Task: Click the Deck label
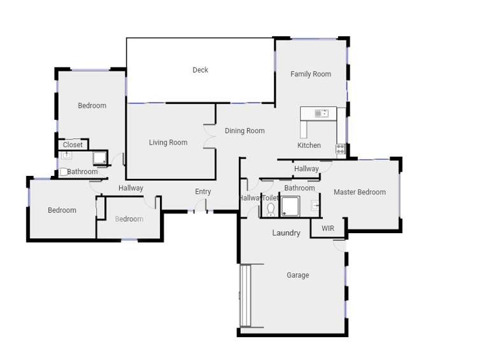pos(200,70)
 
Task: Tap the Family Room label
pos(311,74)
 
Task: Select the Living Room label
pos(168,143)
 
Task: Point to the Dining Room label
pos(245,131)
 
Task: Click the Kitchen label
pos(309,145)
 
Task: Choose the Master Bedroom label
pos(359,192)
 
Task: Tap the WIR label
pos(327,228)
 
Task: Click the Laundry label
pos(286,233)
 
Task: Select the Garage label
pos(297,275)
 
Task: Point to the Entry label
pos(203,192)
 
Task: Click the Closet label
pos(73,145)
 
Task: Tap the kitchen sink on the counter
pos(322,113)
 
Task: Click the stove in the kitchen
pos(341,150)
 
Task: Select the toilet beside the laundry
pos(271,208)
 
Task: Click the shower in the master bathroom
pos(290,206)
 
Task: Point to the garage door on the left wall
pos(246,296)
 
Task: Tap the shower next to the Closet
pos(100,158)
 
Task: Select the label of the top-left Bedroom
pos(92,106)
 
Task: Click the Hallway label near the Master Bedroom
pos(306,169)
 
